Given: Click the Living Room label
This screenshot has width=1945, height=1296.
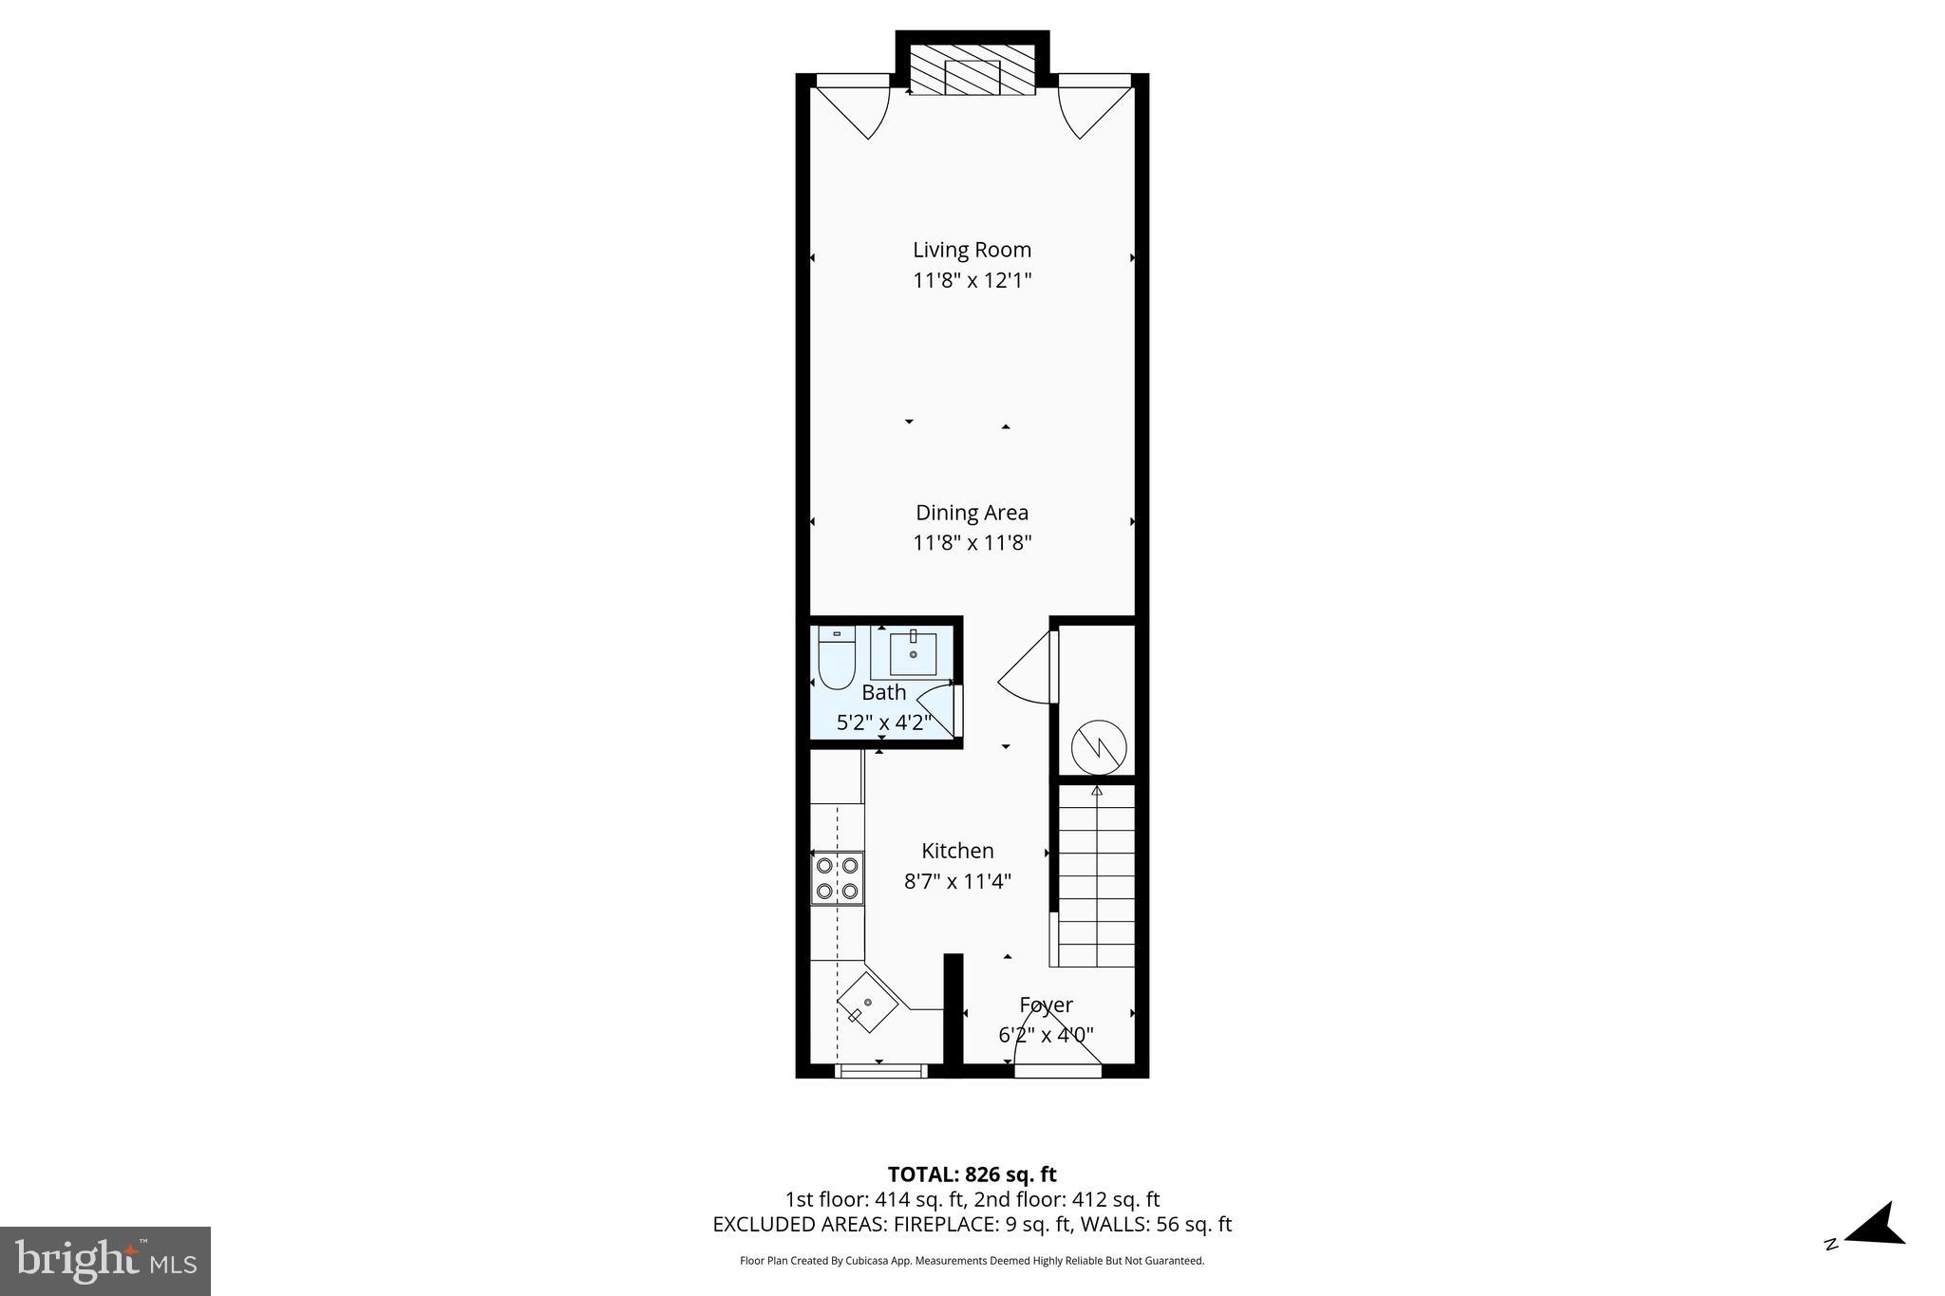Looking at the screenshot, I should [x=972, y=250].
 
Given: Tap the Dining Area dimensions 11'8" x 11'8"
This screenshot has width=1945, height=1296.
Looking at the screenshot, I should [x=972, y=543].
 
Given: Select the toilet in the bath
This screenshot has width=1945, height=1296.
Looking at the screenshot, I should [x=837, y=658].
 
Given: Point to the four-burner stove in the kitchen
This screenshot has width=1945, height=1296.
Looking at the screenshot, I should [x=837, y=878].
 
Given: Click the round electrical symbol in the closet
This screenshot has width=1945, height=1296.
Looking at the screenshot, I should [x=1099, y=748].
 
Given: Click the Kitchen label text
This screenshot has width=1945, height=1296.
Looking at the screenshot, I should [x=957, y=851].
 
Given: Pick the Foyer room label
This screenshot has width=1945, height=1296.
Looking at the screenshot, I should [x=1046, y=1005].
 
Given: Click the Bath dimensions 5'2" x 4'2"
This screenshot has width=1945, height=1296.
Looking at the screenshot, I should [x=883, y=723].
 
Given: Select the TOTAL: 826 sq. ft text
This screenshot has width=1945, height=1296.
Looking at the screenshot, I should [x=972, y=1174].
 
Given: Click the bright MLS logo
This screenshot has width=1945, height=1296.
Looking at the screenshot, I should [x=105, y=1260].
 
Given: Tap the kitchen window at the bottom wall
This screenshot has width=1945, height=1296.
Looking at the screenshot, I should [x=880, y=1071].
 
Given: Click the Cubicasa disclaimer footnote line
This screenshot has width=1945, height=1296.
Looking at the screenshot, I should [x=972, y=1261].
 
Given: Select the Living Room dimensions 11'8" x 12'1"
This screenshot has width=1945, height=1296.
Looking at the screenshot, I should [x=972, y=280].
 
